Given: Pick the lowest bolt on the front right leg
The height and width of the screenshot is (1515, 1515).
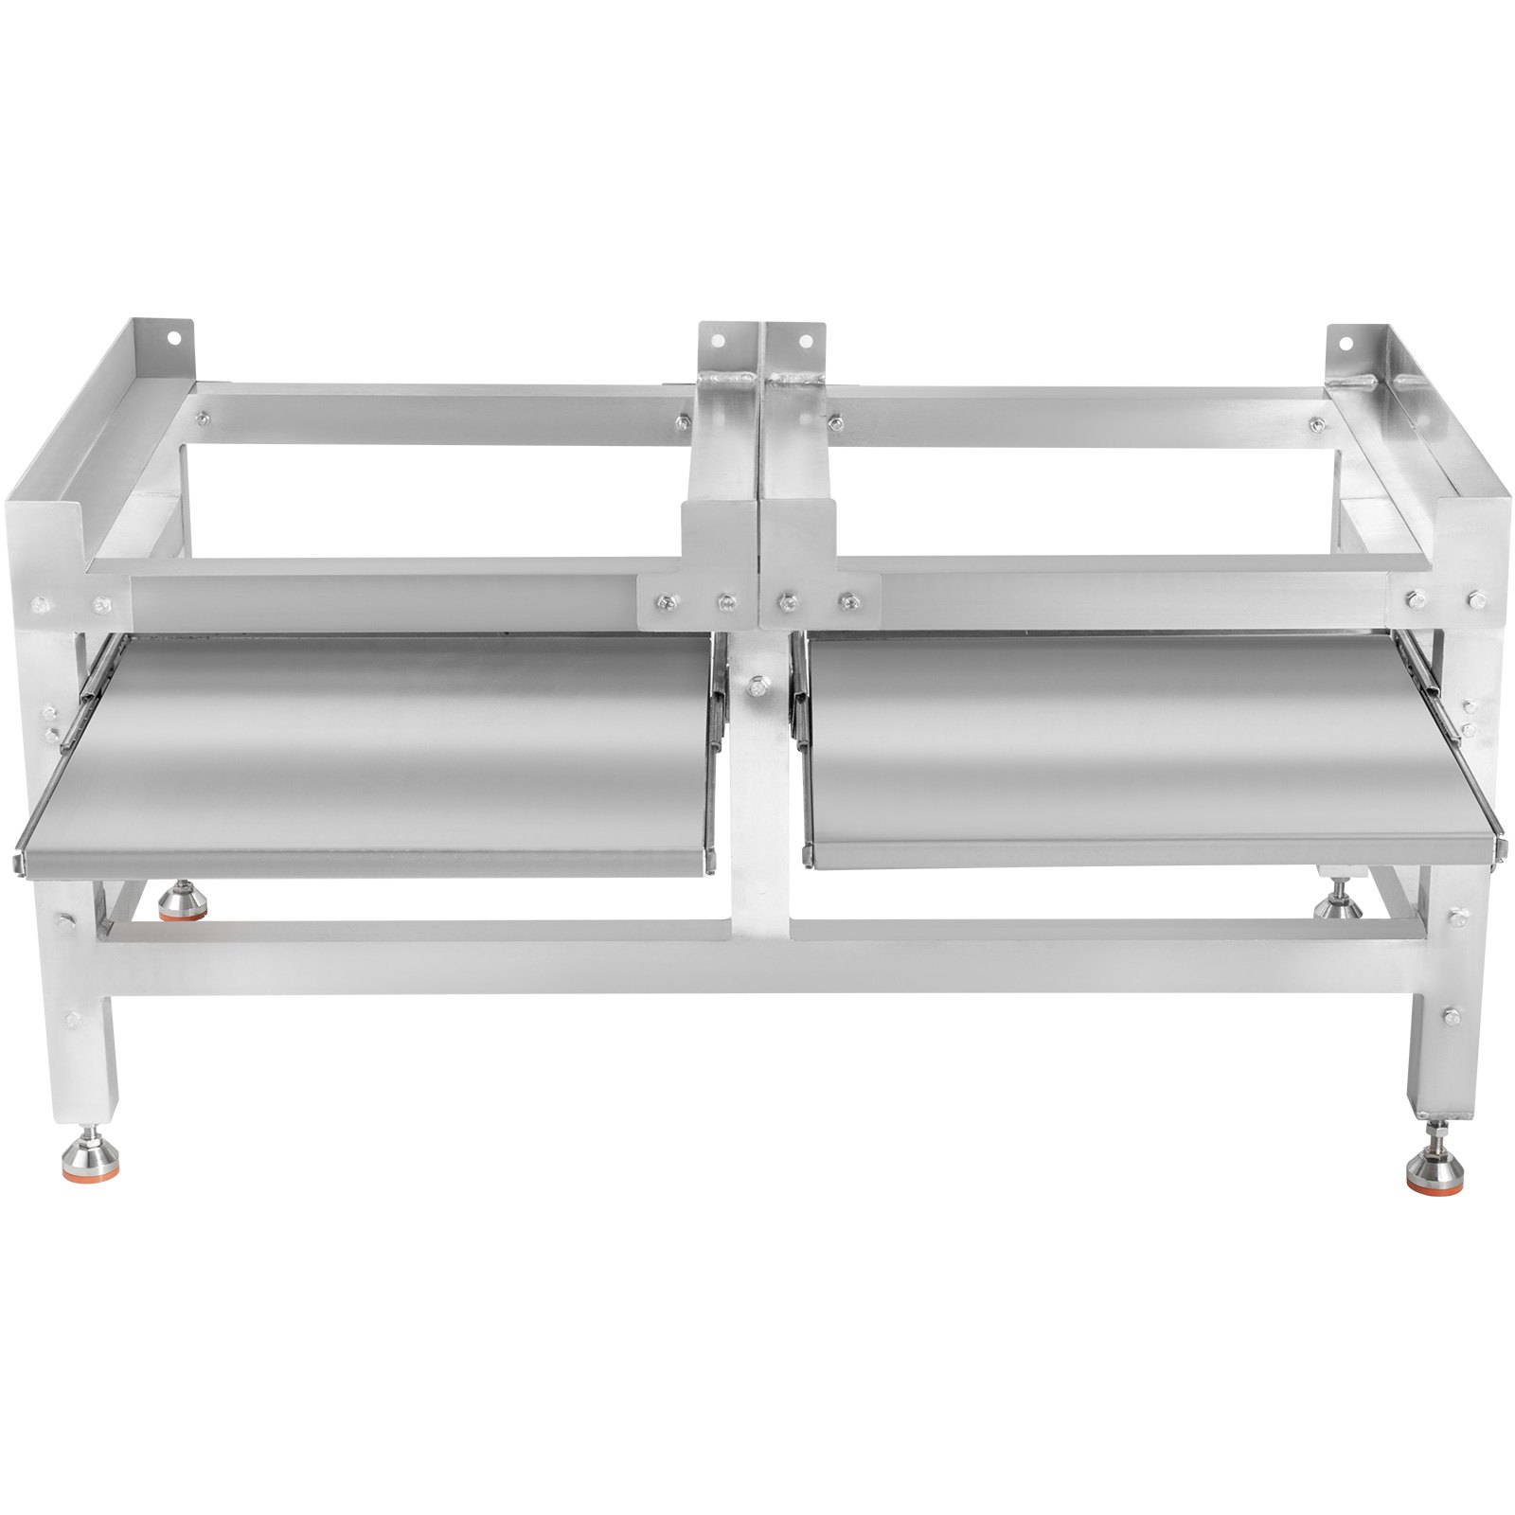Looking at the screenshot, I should [1449, 1014].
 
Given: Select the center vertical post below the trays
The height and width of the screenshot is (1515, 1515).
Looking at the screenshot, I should [757, 852].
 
